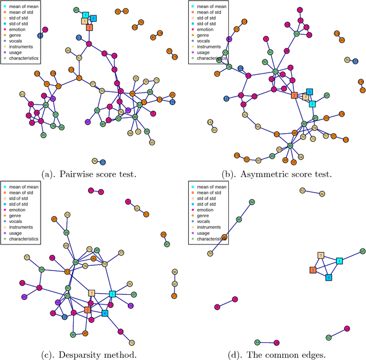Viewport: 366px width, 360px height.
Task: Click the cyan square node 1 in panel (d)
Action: [339, 261]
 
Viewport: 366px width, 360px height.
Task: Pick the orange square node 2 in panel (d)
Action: [313, 270]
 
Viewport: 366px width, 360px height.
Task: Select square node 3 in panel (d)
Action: [321, 255]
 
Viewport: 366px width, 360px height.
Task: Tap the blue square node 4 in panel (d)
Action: [328, 277]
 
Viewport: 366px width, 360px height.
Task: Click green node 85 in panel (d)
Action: [363, 251]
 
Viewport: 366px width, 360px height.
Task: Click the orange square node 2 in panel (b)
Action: [294, 95]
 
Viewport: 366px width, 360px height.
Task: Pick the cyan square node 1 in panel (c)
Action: [112, 294]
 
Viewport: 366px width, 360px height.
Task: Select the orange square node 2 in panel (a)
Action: [89, 27]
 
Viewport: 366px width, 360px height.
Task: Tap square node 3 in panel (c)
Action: [91, 293]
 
